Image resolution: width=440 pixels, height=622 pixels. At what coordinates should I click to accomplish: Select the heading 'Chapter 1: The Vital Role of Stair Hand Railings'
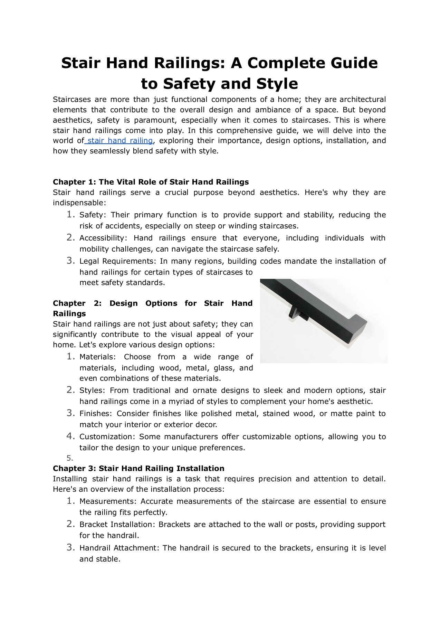[151, 182]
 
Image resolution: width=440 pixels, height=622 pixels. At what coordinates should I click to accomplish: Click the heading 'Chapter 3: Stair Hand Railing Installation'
[138, 468]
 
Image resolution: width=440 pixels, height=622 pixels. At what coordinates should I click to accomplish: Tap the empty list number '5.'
[69, 458]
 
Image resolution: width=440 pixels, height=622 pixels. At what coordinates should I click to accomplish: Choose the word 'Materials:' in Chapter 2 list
[98, 357]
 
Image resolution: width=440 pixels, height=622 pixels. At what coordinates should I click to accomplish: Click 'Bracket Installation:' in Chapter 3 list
[117, 525]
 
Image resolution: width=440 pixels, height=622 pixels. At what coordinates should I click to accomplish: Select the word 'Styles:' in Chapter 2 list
[91, 390]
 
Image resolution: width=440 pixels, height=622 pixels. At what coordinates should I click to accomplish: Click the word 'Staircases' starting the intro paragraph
[71, 100]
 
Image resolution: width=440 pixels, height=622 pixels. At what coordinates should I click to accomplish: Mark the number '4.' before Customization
[70, 436]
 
